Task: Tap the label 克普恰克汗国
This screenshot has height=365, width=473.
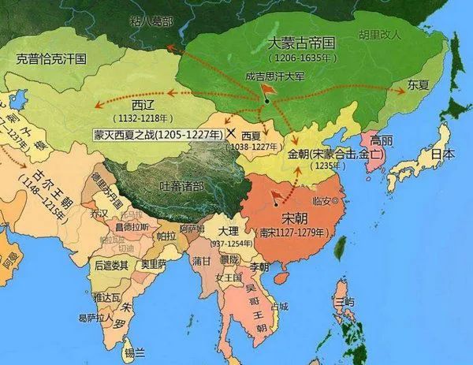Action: coord(50,58)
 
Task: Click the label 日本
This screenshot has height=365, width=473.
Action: coord(442,155)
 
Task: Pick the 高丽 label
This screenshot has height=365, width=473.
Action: coord(382,141)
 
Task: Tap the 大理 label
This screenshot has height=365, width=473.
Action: coord(228,232)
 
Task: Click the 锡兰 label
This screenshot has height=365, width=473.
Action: coord(135,351)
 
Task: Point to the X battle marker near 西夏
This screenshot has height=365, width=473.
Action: coord(231,134)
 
